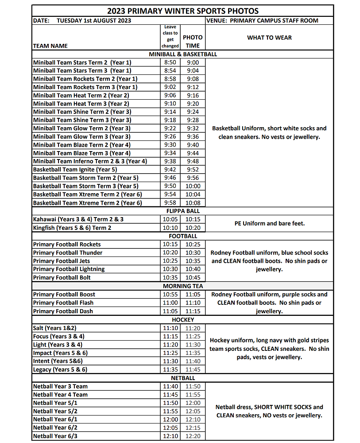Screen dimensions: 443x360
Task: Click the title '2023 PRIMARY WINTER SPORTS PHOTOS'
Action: [x=183, y=11]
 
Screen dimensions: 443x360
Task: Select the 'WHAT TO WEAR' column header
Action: [x=269, y=38]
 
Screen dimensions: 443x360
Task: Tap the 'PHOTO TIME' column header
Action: [x=193, y=42]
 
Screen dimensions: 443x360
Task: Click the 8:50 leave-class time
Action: [x=170, y=62]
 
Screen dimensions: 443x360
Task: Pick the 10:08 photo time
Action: [x=193, y=203]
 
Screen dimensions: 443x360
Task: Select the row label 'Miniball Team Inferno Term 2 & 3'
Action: [x=90, y=161]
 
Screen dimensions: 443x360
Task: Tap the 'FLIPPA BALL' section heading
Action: [x=183, y=211]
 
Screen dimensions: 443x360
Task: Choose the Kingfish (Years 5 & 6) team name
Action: [x=72, y=228]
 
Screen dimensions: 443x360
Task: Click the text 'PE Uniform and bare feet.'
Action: [x=269, y=223]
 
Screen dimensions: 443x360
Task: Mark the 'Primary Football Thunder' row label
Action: [x=68, y=253]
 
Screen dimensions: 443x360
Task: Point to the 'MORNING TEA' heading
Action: [x=183, y=286]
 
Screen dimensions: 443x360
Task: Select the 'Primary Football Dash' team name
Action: [x=63, y=311]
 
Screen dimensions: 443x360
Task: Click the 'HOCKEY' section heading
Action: [x=183, y=319]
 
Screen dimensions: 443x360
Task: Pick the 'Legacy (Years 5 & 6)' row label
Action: [x=60, y=369]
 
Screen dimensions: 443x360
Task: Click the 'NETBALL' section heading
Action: [x=183, y=378]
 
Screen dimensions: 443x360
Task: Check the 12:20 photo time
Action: [x=193, y=436]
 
